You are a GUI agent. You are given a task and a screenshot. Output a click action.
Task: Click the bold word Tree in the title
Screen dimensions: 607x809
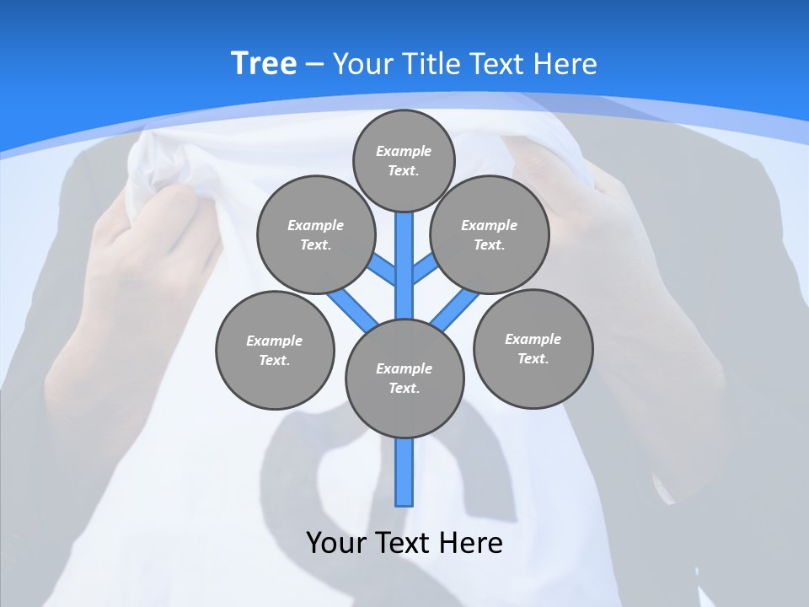coord(264,63)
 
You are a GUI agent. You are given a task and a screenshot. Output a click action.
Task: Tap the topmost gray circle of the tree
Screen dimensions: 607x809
coord(404,160)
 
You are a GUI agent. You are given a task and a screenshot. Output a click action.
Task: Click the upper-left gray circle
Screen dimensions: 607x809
coord(315,234)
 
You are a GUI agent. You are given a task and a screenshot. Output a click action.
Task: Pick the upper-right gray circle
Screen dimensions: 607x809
coord(489,234)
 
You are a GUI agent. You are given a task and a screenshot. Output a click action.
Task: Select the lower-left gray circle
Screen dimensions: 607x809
coord(275,350)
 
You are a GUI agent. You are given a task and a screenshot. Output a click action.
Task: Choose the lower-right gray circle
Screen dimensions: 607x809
coord(533,348)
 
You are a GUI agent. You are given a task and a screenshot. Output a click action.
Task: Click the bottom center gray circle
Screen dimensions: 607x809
coord(404,379)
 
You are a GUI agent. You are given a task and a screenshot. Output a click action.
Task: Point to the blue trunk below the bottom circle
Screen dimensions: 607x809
coord(404,472)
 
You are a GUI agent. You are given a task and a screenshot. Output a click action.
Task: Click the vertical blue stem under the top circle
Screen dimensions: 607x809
coord(404,261)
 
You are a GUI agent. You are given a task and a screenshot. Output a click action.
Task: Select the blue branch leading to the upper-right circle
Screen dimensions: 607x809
coord(426,269)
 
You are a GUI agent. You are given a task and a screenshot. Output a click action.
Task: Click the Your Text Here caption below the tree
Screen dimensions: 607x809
coord(404,542)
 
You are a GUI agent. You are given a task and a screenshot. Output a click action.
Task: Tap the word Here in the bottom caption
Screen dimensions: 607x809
coord(474,542)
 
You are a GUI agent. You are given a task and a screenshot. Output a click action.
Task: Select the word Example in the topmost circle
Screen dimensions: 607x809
coord(404,151)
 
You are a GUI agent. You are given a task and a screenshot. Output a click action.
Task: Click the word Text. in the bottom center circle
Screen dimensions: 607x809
coord(404,389)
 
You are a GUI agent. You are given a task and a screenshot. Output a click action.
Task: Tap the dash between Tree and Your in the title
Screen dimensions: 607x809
coord(314,64)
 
